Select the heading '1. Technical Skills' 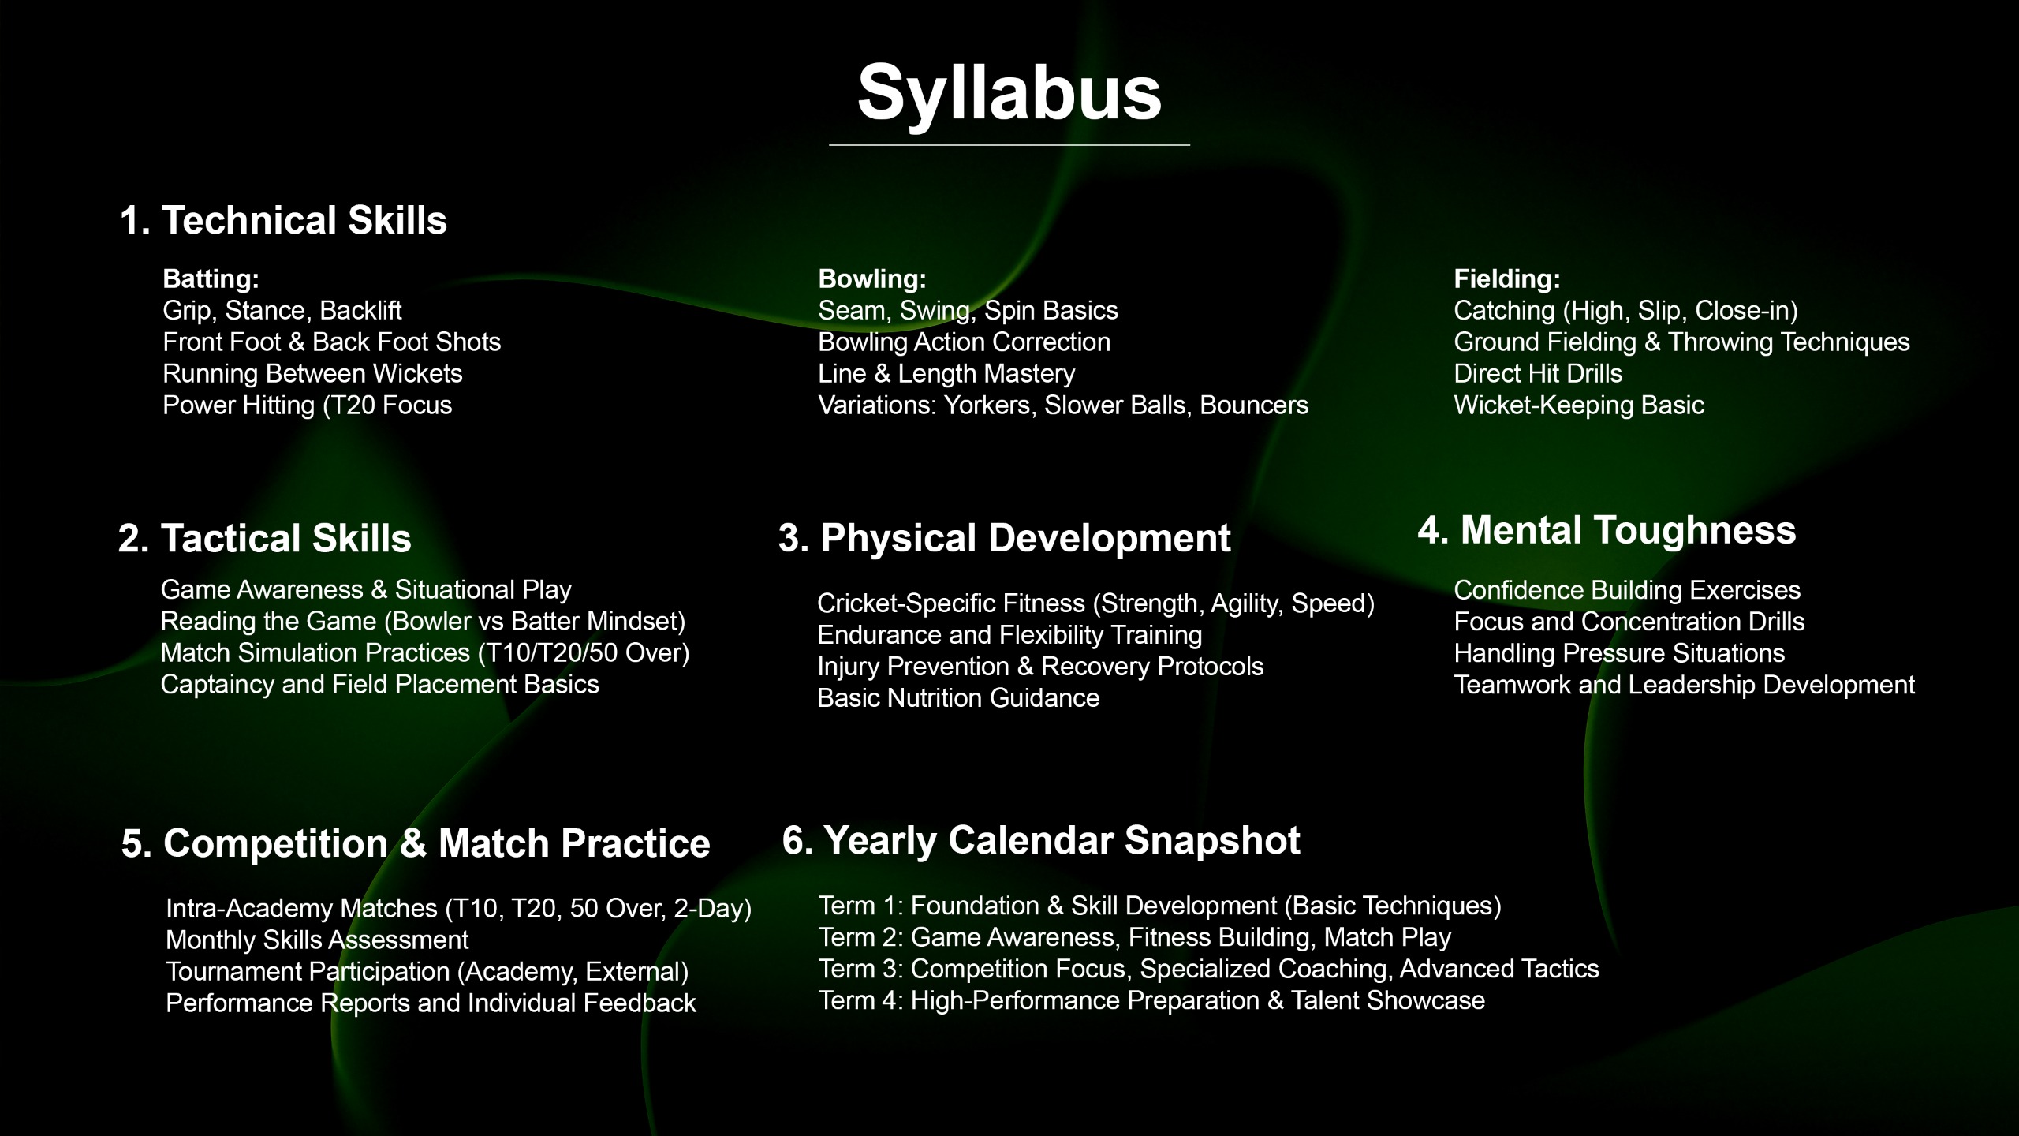(283, 220)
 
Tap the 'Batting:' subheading (211, 279)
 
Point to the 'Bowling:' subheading (872, 279)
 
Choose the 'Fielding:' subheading (1507, 279)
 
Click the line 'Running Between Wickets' (312, 374)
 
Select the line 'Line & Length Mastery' (946, 374)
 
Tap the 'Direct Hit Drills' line (1538, 374)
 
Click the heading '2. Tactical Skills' (265, 539)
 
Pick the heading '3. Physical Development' (1005, 539)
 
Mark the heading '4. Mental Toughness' (1607, 531)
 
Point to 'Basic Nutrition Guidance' (958, 698)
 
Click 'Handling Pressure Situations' (1619, 654)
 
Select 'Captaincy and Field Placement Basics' (380, 685)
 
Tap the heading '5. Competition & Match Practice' (416, 844)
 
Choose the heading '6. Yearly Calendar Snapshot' (1041, 841)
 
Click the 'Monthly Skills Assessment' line (317, 940)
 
